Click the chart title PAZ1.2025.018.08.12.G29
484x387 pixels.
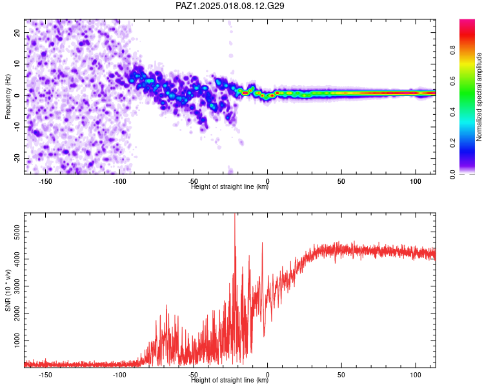230,6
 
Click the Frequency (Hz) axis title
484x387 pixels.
8,97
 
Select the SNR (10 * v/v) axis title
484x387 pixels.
8,290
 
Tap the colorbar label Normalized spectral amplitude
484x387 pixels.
479,97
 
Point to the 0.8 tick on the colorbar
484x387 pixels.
453,50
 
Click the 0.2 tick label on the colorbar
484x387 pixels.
453,143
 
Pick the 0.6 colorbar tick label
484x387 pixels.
453,81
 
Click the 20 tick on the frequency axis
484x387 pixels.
17,33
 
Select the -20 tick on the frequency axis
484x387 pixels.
17,159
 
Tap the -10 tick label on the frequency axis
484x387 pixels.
17,127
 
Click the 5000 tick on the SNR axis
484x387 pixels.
17,232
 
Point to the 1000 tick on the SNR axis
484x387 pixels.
17,341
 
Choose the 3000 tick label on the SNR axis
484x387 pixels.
17,286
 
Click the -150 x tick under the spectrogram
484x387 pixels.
45,181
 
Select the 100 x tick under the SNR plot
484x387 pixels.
416,375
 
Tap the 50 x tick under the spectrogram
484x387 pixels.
341,181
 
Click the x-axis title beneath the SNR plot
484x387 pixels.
230,380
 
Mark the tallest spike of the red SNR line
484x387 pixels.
235,214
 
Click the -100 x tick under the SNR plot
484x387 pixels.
119,375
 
